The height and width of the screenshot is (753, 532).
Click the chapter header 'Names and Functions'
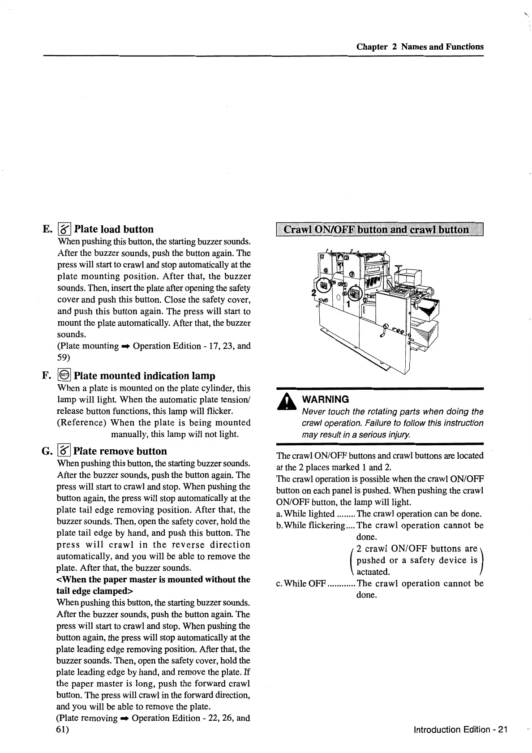(442, 47)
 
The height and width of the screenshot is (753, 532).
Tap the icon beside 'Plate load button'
(65, 229)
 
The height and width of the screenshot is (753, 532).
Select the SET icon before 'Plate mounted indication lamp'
(64, 375)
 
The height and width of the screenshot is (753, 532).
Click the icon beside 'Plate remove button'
(64, 451)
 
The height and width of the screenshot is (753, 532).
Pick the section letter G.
(47, 451)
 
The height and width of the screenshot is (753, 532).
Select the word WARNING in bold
(326, 399)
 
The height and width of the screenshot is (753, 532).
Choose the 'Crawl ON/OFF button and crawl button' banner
(380, 230)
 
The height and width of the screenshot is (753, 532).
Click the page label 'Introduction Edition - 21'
(460, 729)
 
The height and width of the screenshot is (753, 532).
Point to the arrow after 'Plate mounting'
(126, 346)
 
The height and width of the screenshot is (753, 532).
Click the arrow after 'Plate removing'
(125, 719)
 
